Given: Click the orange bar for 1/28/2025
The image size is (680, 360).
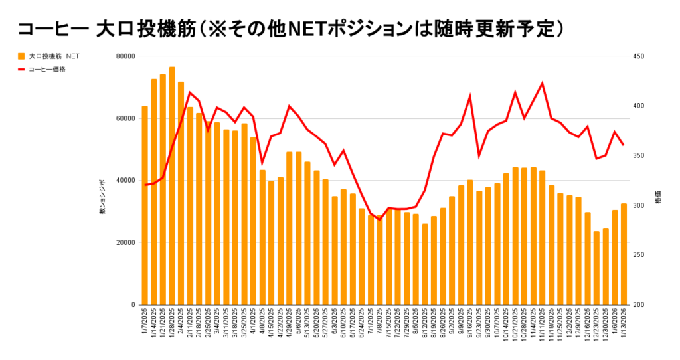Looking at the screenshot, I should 172,186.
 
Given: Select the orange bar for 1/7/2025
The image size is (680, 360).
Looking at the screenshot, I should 145,205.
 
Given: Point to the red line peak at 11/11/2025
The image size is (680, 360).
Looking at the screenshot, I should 543,83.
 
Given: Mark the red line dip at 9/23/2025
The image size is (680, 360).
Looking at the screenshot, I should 479,156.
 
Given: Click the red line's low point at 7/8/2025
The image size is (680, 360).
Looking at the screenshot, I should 380,219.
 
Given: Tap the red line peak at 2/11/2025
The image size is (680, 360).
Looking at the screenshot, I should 190,92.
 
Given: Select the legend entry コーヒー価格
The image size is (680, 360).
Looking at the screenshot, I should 46,68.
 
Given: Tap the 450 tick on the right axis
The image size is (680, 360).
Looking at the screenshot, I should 639,56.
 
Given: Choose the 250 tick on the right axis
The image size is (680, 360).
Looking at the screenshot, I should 639,255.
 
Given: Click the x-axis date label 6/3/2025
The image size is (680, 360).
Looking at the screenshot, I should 335,325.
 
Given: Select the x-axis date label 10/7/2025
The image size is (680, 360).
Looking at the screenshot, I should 497,325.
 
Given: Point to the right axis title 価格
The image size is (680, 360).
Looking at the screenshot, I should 658,199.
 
